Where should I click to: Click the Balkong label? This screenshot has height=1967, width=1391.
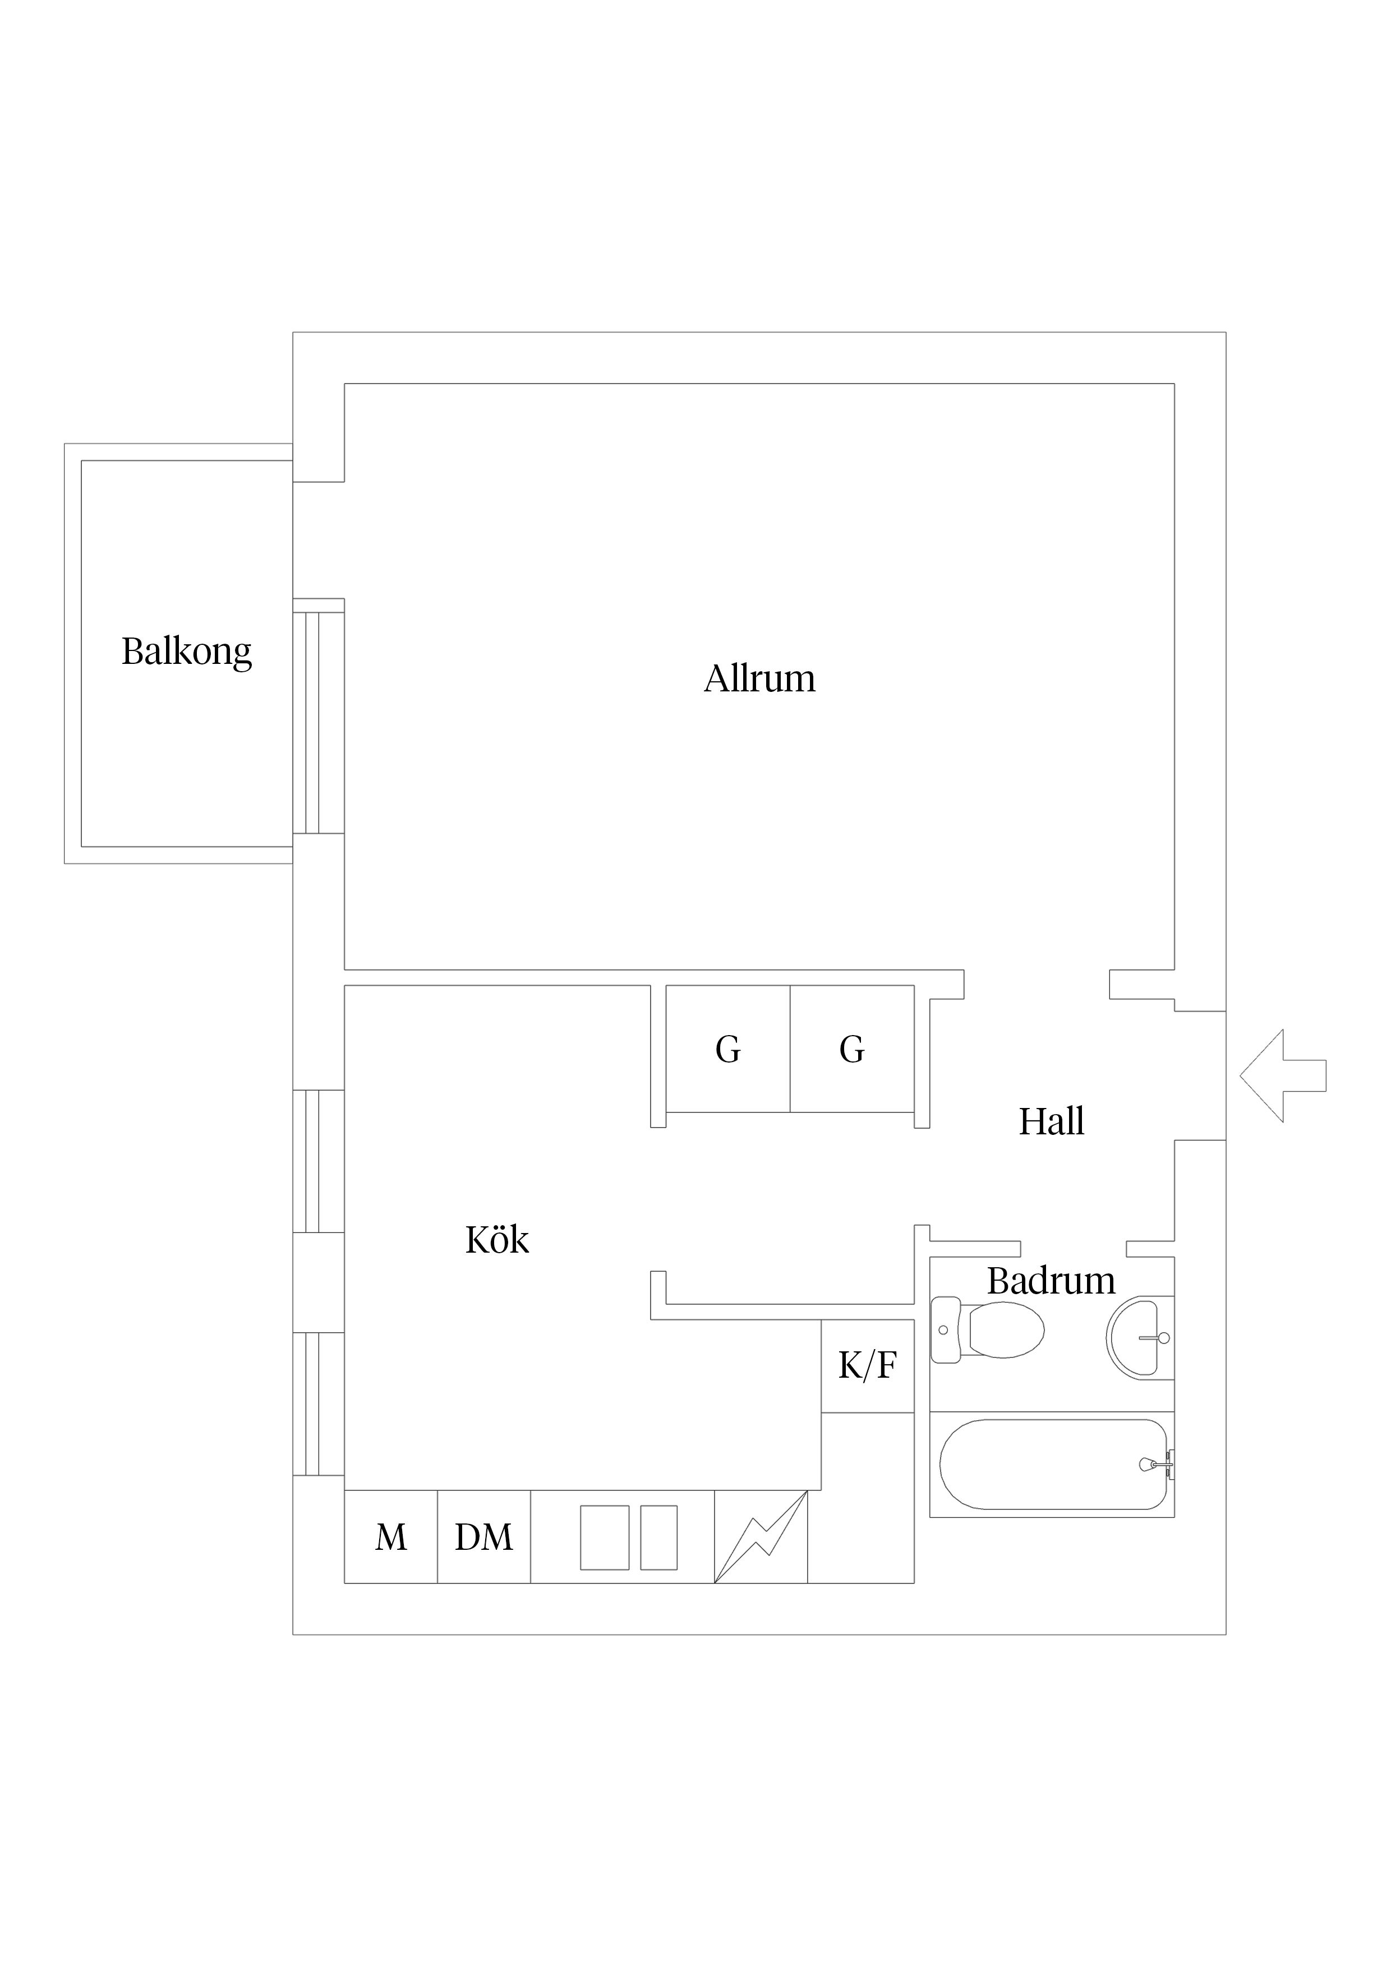(x=187, y=652)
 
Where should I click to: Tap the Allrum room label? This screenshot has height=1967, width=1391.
(x=759, y=678)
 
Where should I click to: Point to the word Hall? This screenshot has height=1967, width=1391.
(x=1052, y=1120)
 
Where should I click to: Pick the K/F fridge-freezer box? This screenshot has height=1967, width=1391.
(x=867, y=1365)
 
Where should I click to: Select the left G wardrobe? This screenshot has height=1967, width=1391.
(x=727, y=1049)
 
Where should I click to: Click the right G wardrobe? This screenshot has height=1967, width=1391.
(x=852, y=1049)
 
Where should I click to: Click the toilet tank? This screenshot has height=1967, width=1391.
(x=946, y=1329)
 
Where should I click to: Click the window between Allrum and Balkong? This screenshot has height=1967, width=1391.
(x=319, y=716)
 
